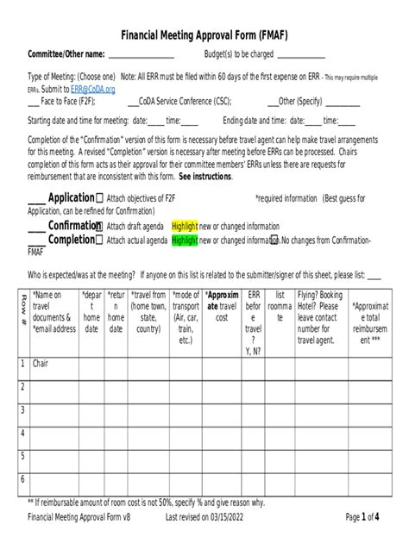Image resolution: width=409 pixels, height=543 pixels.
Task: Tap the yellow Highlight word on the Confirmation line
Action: coord(185,226)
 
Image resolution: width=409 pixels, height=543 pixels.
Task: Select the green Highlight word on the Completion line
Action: coord(185,240)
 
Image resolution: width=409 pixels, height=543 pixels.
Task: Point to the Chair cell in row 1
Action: coord(41,363)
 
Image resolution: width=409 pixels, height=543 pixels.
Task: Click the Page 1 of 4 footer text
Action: coord(362,517)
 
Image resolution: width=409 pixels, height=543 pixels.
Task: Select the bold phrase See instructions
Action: coord(205,176)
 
